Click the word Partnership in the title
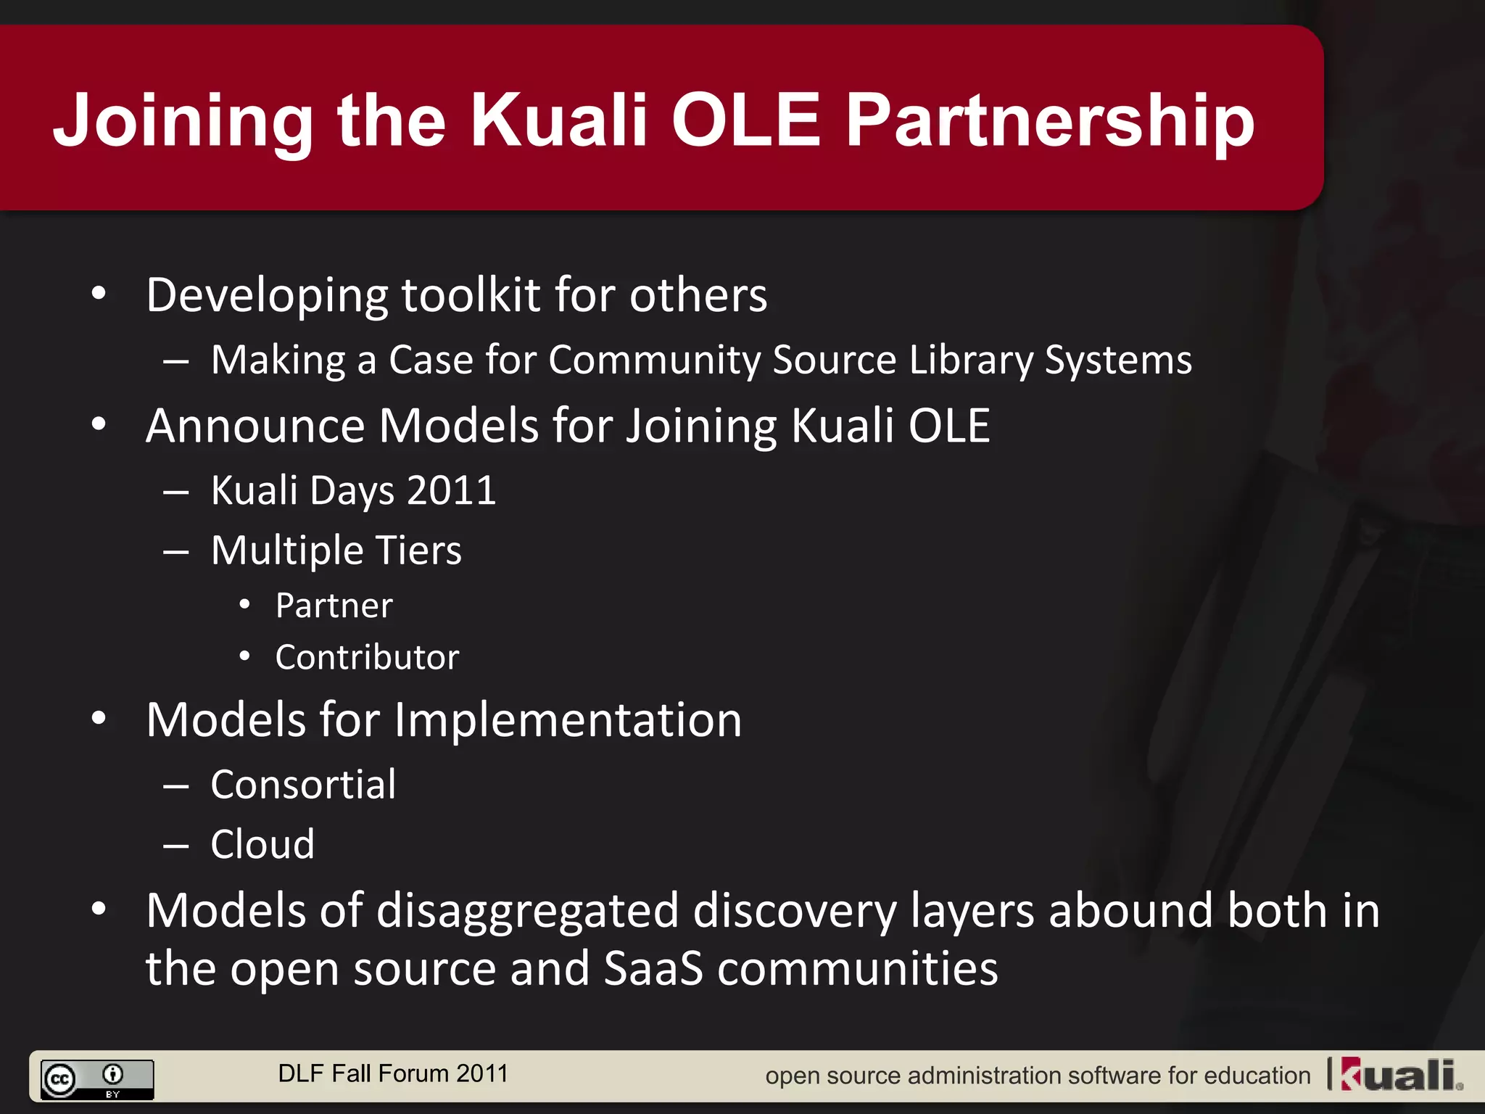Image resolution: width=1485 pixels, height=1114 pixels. coord(1050,122)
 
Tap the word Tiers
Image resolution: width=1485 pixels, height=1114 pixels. coord(419,550)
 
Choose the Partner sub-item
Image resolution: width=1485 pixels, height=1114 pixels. coord(334,606)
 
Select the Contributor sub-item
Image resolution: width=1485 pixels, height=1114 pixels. coord(367,657)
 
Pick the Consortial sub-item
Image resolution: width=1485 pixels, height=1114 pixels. coord(303,785)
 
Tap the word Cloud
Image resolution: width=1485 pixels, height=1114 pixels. coord(262,844)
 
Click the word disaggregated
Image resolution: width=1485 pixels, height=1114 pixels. coord(528,912)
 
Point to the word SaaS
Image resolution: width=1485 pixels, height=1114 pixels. coord(653,969)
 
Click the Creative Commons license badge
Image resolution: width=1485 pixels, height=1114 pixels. coord(97,1079)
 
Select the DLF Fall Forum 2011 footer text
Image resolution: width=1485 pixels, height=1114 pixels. coord(393,1073)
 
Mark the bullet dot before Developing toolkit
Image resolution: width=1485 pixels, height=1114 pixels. coord(99,294)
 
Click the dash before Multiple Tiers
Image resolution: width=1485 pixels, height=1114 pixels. coord(176,552)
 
